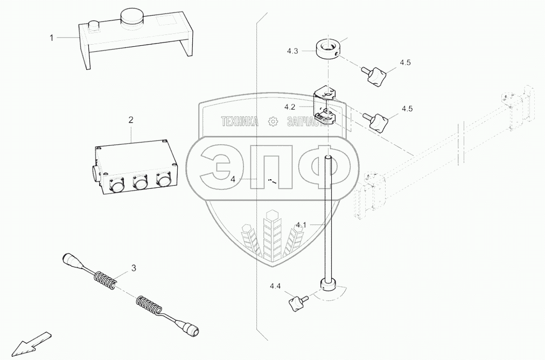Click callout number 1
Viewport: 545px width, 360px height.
tap(52, 38)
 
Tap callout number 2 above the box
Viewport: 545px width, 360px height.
tap(131, 119)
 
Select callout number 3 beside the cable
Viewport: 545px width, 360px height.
tap(134, 267)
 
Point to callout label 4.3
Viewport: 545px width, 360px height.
tap(292, 51)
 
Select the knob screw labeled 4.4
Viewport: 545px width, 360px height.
tap(298, 301)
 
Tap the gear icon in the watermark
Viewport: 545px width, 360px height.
tap(274, 122)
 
